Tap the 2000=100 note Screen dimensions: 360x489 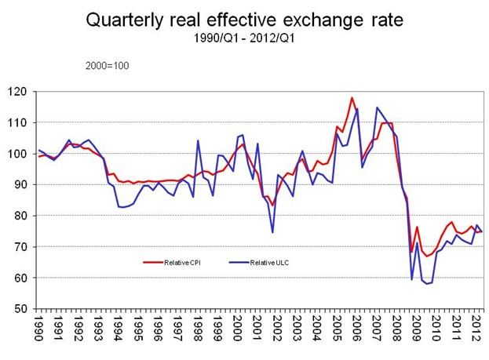108,65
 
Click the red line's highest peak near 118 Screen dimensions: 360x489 352,98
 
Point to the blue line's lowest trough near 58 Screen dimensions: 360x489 426,283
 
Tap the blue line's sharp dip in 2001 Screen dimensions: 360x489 272,232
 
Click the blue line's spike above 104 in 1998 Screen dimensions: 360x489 198,141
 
